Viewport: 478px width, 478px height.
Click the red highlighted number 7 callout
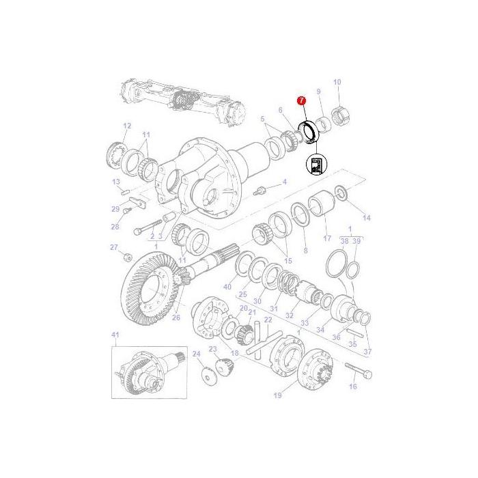[x=300, y=101]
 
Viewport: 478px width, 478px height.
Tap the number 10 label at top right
[x=337, y=83]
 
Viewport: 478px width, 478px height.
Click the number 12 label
[x=126, y=126]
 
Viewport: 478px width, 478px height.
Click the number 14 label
[x=367, y=218]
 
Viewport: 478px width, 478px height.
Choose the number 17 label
[x=327, y=238]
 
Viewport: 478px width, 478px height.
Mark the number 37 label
[x=368, y=352]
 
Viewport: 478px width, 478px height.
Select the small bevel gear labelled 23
[x=224, y=367]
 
